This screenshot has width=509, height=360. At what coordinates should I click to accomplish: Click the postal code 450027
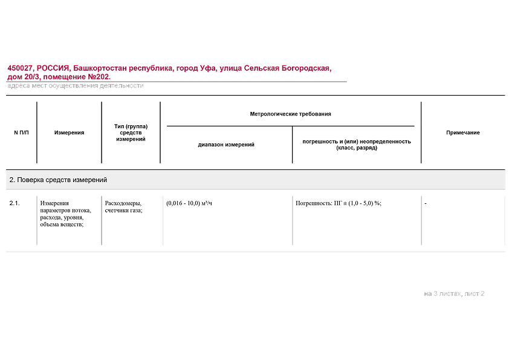click(x=21, y=68)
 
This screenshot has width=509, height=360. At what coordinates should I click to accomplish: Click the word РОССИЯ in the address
click(x=53, y=68)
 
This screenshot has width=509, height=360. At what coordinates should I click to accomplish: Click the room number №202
click(x=99, y=77)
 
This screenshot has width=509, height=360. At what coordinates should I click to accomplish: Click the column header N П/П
click(x=21, y=133)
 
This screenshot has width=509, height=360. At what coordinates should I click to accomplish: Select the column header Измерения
click(x=69, y=133)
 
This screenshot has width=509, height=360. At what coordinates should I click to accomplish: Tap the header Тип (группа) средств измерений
click(x=131, y=133)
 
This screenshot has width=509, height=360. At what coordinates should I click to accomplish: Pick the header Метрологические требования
click(x=290, y=114)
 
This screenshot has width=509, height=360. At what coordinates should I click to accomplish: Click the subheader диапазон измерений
click(x=226, y=145)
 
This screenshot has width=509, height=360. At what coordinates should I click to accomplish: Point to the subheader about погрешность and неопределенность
click(x=357, y=145)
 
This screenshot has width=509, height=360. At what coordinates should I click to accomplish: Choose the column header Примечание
click(x=462, y=133)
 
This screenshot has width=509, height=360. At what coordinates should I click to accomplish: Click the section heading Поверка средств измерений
click(x=58, y=180)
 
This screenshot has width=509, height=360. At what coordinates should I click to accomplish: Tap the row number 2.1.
click(x=15, y=203)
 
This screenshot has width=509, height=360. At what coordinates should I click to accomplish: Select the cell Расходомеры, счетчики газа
click(x=123, y=206)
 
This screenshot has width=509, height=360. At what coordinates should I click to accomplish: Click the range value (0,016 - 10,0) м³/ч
click(x=189, y=203)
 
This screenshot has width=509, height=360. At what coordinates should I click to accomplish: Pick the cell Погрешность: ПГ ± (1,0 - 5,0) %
click(x=339, y=203)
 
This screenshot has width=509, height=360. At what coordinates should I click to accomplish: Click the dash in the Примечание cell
click(x=426, y=203)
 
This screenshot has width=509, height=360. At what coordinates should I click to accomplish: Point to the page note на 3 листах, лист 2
click(x=454, y=293)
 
